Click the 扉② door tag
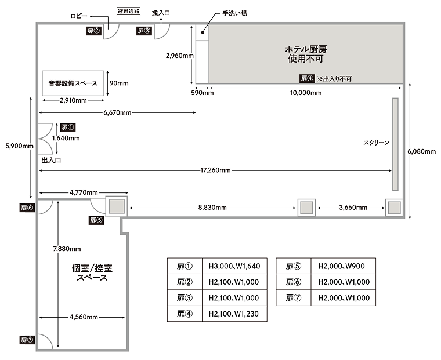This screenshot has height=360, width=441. point(93,31)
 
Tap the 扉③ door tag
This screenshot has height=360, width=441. point(144,31)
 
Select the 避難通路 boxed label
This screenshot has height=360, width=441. point(129,11)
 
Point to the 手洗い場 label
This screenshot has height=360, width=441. point(234,13)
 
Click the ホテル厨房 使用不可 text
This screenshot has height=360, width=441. point(306,54)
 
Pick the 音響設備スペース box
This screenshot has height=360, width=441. point(73,83)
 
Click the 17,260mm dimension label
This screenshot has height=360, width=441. point(215,170)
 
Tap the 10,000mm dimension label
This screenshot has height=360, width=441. point(306,93)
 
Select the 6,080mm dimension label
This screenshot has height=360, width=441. point(422,151)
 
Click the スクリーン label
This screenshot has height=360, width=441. point(377,143)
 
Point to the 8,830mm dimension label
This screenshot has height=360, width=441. point(212,208)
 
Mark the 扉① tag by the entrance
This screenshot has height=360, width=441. point(68,128)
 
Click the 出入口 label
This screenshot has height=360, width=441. point(51,161)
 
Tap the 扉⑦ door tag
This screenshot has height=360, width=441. point(27,340)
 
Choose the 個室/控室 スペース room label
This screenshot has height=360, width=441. point(92,272)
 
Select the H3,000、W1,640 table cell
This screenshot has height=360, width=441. point(234,266)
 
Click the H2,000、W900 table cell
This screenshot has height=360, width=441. point(343,266)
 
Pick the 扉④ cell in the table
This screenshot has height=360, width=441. point(185,314)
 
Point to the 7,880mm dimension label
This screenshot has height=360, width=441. point(67,249)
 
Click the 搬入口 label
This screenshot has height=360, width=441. point(161,13)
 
